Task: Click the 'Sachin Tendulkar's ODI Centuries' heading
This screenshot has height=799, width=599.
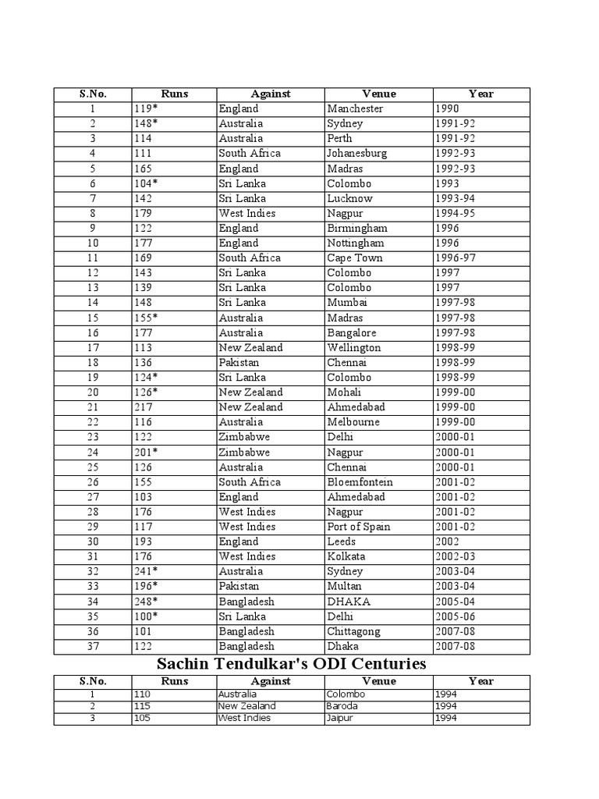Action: pyautogui.click(x=292, y=664)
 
